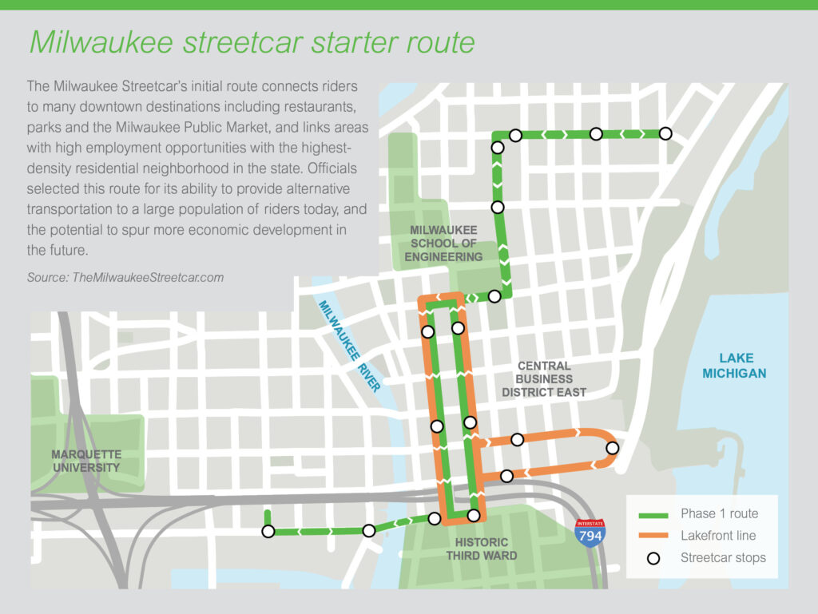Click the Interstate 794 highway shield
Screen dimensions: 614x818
click(x=590, y=532)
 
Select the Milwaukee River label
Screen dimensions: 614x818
click(x=349, y=345)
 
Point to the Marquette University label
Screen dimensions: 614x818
click(x=85, y=461)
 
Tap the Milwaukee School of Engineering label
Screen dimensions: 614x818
click(x=443, y=244)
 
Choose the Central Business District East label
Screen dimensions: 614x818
click(x=544, y=379)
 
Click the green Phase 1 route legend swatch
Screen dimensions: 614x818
click(x=652, y=513)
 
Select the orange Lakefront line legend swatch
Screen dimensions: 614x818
click(x=652, y=535)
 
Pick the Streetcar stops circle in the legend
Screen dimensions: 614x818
click(x=653, y=558)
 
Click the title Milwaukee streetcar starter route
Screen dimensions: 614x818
click(x=252, y=42)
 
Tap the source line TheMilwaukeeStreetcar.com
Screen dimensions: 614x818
click(x=125, y=278)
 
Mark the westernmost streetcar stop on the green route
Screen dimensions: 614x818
click(x=268, y=531)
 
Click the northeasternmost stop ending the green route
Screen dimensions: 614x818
click(x=665, y=133)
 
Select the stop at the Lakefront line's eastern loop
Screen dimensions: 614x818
click(x=612, y=448)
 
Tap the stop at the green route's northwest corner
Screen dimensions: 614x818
click(x=498, y=147)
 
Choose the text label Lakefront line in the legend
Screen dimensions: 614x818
click(x=718, y=536)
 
